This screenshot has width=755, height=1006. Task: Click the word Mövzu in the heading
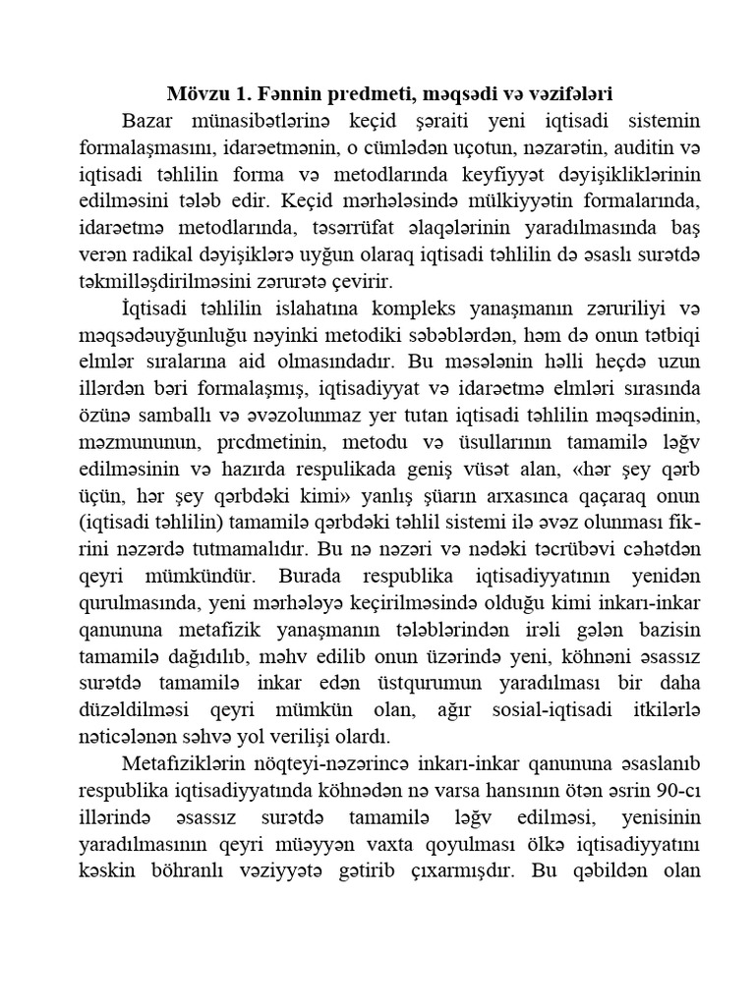(194, 95)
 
